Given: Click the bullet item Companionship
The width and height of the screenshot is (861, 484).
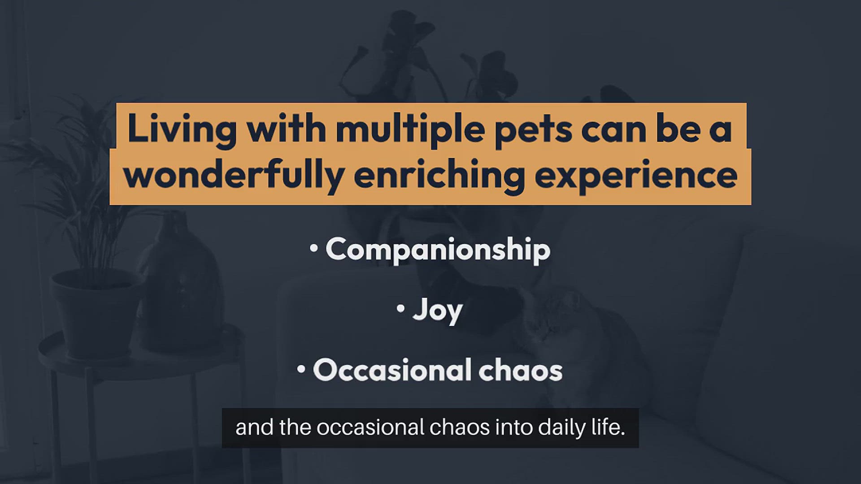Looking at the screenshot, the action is click(438, 250).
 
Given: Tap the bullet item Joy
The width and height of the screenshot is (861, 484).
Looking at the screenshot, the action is click(437, 311).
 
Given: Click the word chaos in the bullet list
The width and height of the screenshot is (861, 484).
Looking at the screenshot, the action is click(521, 370).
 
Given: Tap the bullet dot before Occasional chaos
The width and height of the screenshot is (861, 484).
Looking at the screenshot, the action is click(301, 369).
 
